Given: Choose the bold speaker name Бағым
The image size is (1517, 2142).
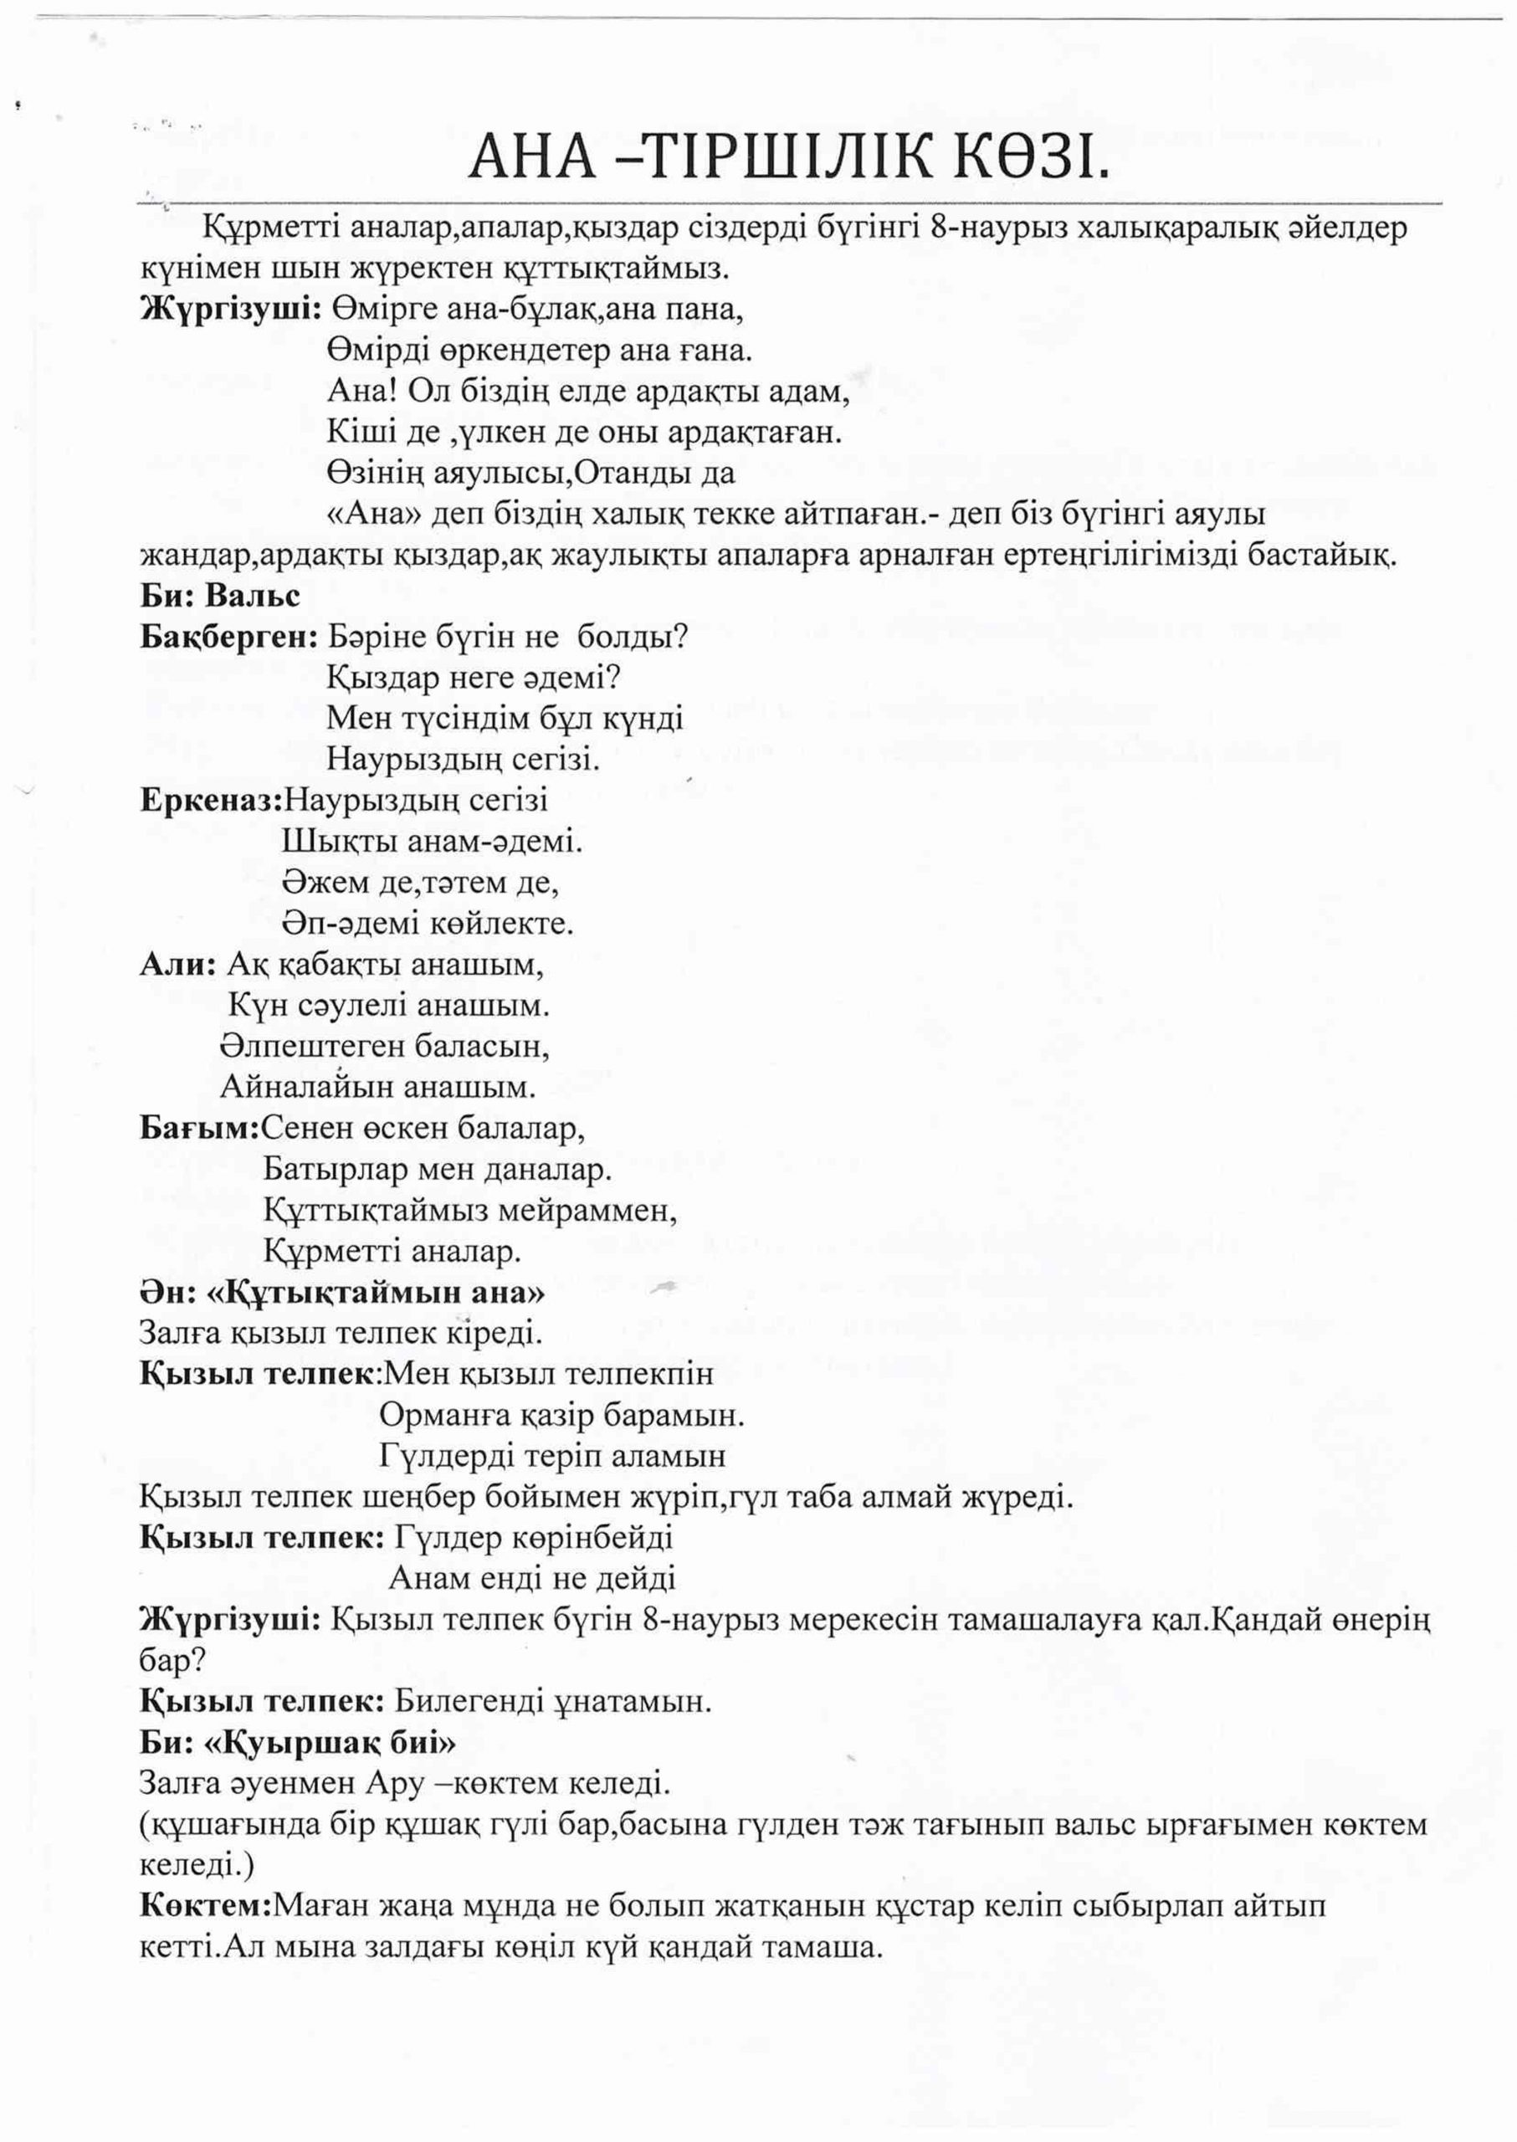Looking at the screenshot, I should pyautogui.click(x=199, y=1128).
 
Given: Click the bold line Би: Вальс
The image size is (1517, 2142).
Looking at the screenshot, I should pyautogui.click(x=219, y=596).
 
